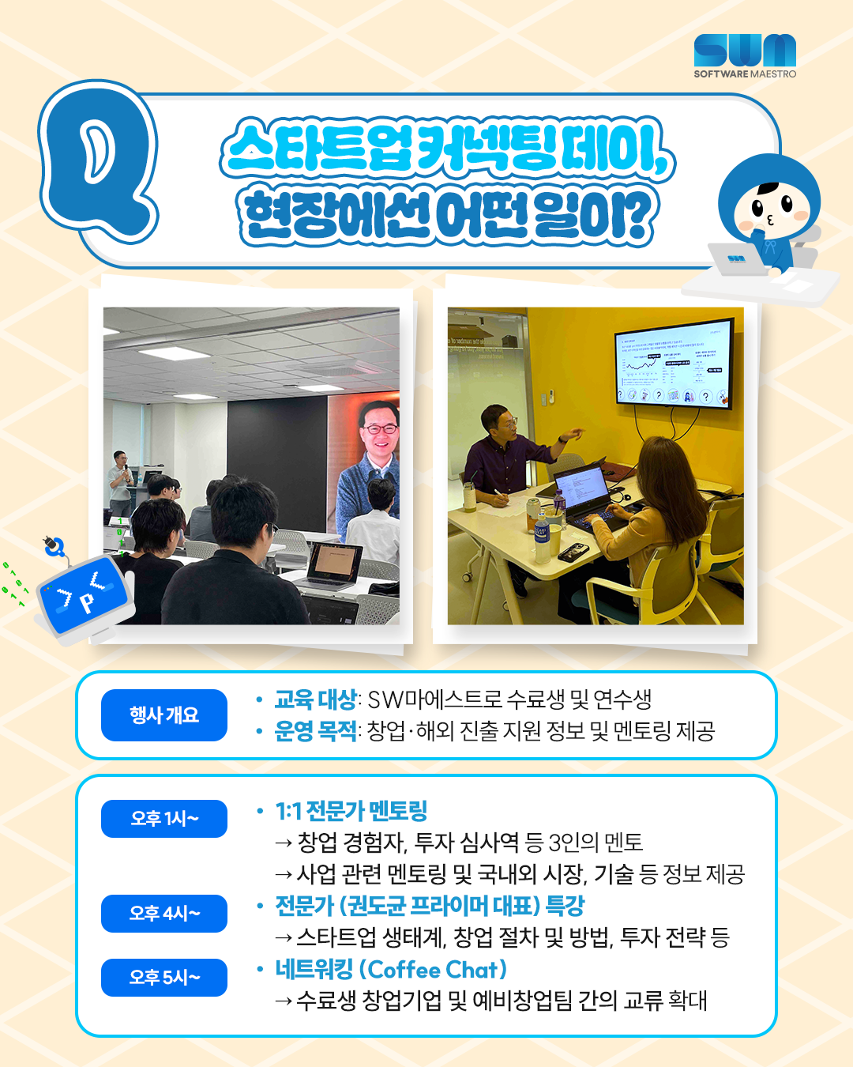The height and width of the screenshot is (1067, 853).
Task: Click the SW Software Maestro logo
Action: [745, 55]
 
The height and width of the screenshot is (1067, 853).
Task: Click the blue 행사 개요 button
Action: [164, 715]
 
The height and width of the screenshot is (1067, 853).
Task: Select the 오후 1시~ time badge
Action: [164, 819]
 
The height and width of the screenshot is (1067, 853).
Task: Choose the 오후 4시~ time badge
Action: [164, 914]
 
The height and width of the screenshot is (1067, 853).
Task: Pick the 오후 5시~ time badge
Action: [164, 978]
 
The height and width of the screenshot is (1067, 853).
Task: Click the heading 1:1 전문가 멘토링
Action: [351, 811]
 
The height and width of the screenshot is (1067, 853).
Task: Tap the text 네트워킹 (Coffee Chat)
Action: [391, 970]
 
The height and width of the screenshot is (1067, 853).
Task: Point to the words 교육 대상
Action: [315, 699]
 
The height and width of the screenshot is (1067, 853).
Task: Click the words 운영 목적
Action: [315, 731]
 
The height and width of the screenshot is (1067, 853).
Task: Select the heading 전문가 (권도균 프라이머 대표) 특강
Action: [430, 906]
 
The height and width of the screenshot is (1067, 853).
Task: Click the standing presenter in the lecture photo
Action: [120, 482]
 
